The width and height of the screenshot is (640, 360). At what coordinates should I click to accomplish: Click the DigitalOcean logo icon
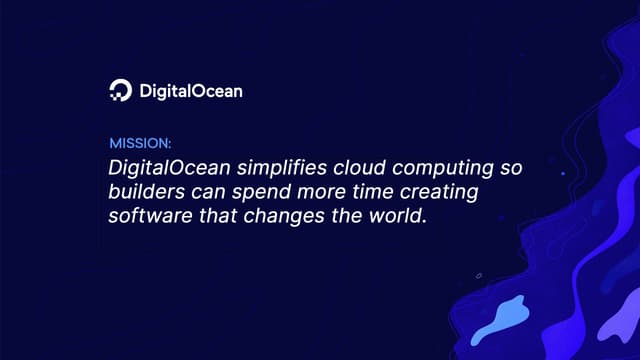click(119, 91)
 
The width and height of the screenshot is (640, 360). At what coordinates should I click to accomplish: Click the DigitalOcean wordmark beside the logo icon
click(189, 91)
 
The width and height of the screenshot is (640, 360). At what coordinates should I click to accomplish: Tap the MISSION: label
click(140, 143)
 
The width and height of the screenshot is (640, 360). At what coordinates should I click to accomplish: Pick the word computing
click(420, 167)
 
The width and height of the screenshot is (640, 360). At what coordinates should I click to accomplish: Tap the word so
click(483, 166)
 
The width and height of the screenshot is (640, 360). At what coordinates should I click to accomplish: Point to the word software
click(144, 214)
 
